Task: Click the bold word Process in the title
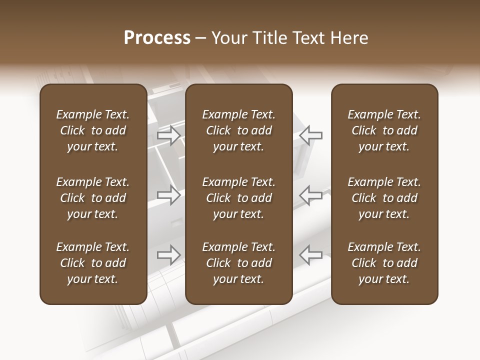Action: (157, 38)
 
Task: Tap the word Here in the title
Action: (350, 38)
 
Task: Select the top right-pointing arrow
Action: (169, 135)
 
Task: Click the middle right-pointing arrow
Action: (169, 195)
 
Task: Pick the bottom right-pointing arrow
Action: (169, 255)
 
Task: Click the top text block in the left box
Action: (93, 130)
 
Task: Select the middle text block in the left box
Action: (93, 198)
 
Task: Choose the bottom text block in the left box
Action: (93, 263)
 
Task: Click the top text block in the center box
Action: (239, 130)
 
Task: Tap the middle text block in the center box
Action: (239, 198)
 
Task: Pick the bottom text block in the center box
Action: (239, 263)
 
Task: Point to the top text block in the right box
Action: (384, 130)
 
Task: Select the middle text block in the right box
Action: (384, 198)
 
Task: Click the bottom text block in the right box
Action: (384, 263)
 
